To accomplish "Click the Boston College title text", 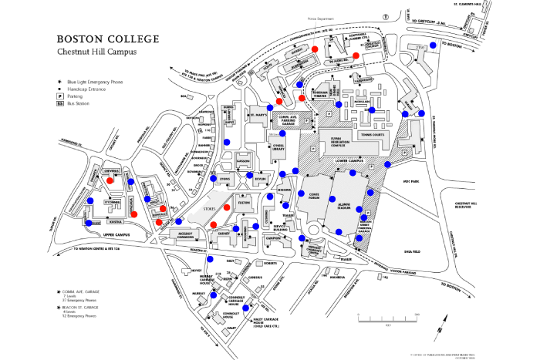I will click(x=108, y=39).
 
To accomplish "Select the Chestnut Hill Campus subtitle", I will click(x=98, y=52).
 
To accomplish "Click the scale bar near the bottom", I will click(x=386, y=318).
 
